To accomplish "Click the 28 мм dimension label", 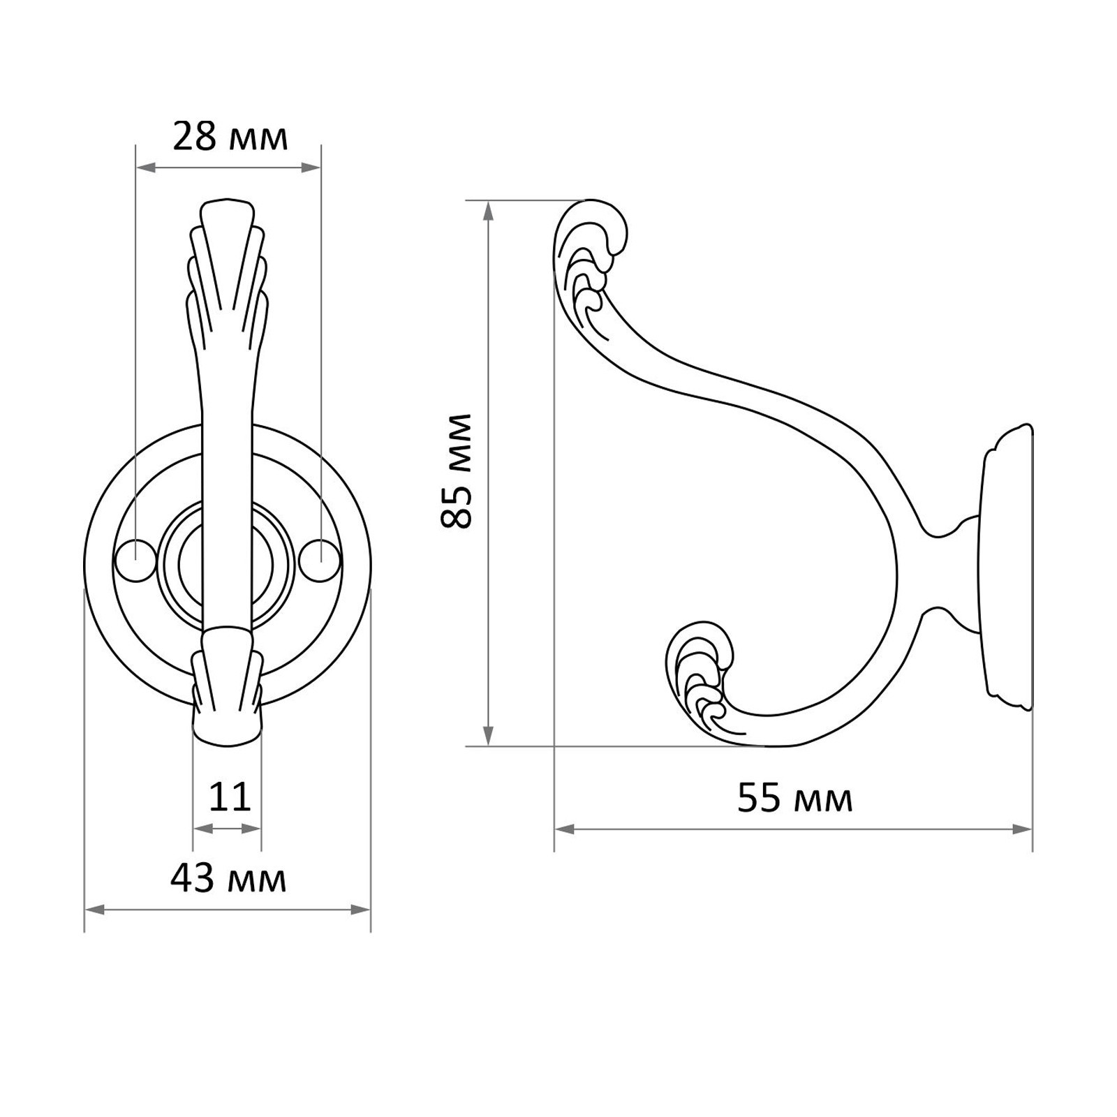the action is (x=230, y=137).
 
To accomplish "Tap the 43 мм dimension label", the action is (x=228, y=879).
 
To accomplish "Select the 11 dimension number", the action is (x=230, y=797).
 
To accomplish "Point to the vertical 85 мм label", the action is (x=457, y=471).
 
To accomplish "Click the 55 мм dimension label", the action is (x=795, y=799).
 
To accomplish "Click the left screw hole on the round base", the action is (x=135, y=560).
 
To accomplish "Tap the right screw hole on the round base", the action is (x=323, y=560).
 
